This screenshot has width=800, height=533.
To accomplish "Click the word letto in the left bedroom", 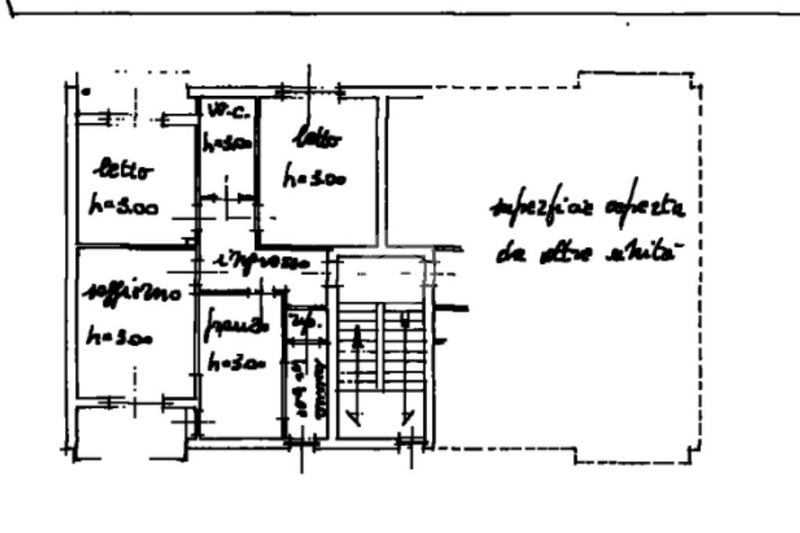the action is point(124,170).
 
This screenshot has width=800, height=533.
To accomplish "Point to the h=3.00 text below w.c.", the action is point(227,143).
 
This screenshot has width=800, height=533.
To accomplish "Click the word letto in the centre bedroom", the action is point(317,141).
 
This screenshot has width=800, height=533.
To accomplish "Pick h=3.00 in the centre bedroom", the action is point(314,178).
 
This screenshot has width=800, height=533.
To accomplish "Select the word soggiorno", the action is point(134,293).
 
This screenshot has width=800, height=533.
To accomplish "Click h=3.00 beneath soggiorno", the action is point(120,338).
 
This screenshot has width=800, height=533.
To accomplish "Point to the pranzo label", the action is point(236,322).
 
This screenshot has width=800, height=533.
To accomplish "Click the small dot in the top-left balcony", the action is point(86,92).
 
